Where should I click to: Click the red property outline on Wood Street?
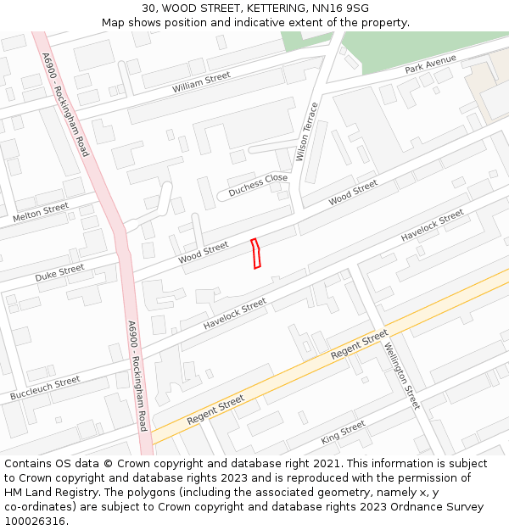[x=256, y=254]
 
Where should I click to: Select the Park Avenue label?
[x=430, y=64]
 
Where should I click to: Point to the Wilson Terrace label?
[x=306, y=131]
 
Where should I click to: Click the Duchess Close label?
[x=258, y=184]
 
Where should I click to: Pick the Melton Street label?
[x=41, y=213]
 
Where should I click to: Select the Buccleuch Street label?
[x=45, y=388]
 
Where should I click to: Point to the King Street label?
[x=343, y=432]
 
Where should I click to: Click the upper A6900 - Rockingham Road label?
[x=64, y=103]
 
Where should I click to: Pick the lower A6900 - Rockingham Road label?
[x=137, y=376]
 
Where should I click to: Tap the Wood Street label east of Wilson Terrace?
[x=353, y=192]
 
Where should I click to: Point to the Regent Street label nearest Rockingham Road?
[x=215, y=410]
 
